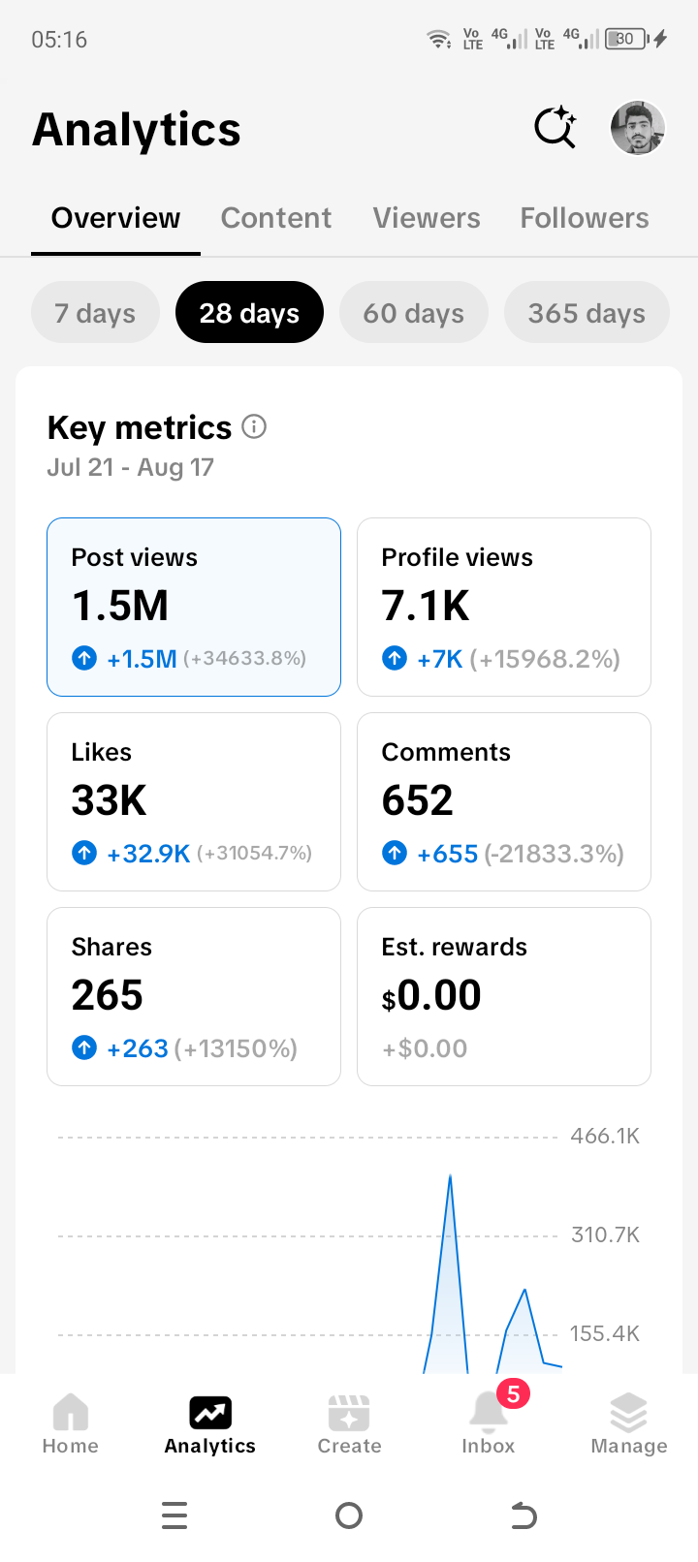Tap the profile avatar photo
pos(637,128)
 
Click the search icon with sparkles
pos(555,127)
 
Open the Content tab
pos(275,218)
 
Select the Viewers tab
pos(427,218)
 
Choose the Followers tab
pos(585,218)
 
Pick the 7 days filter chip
pos(95,312)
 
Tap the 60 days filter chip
pos(413,312)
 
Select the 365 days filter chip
pos(587,312)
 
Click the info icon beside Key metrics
pos(254,426)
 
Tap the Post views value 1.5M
pos(120,606)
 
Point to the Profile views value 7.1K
pos(425,606)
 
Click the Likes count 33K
pos(109,799)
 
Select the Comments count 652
pos(418,799)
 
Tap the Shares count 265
pos(107,995)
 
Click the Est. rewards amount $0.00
pos(431,995)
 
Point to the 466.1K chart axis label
pos(605,1136)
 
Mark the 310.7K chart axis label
pos(605,1234)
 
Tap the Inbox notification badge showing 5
pos(513,1394)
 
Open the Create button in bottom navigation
pos(349,1425)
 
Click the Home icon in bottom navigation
pos(71,1412)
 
